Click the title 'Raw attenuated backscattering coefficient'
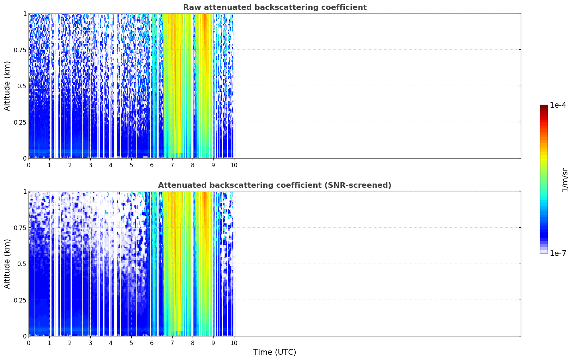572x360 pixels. pos(275,7)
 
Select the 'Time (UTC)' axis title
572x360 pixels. pos(275,352)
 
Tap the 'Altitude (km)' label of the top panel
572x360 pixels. pos(7,86)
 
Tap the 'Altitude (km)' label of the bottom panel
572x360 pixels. pos(7,264)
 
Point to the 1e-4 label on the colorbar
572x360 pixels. pos(558,105)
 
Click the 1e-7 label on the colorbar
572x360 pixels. pos(558,253)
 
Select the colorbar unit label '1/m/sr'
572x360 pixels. pos(565,180)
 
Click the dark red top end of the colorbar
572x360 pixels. pos(544,106)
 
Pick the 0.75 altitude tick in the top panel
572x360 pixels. pos(20,50)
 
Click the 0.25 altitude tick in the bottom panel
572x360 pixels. pos(20,300)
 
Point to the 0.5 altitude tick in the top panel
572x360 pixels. pos(22,86)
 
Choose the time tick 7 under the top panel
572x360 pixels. pos(172,165)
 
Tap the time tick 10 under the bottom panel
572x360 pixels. pos(234,343)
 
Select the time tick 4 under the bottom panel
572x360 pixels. pos(111,343)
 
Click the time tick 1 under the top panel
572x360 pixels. pos(49,165)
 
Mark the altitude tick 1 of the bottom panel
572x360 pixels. pos(25,192)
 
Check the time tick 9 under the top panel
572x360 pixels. pos(213,165)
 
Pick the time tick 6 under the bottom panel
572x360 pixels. pos(152,343)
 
